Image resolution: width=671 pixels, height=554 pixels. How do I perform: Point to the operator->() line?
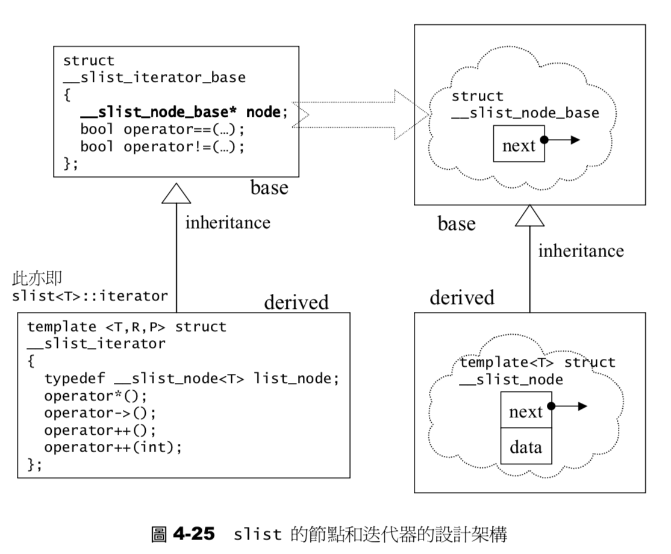pos(99,414)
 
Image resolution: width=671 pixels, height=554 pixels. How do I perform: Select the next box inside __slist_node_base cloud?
pos(518,145)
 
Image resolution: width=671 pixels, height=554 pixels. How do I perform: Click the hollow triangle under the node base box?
pos(530,215)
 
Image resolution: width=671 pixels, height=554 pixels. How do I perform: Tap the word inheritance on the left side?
pos(227,222)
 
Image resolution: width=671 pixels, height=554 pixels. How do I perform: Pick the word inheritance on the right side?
pos(581,250)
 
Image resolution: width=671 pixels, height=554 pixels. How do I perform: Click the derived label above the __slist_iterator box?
pos(296,302)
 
